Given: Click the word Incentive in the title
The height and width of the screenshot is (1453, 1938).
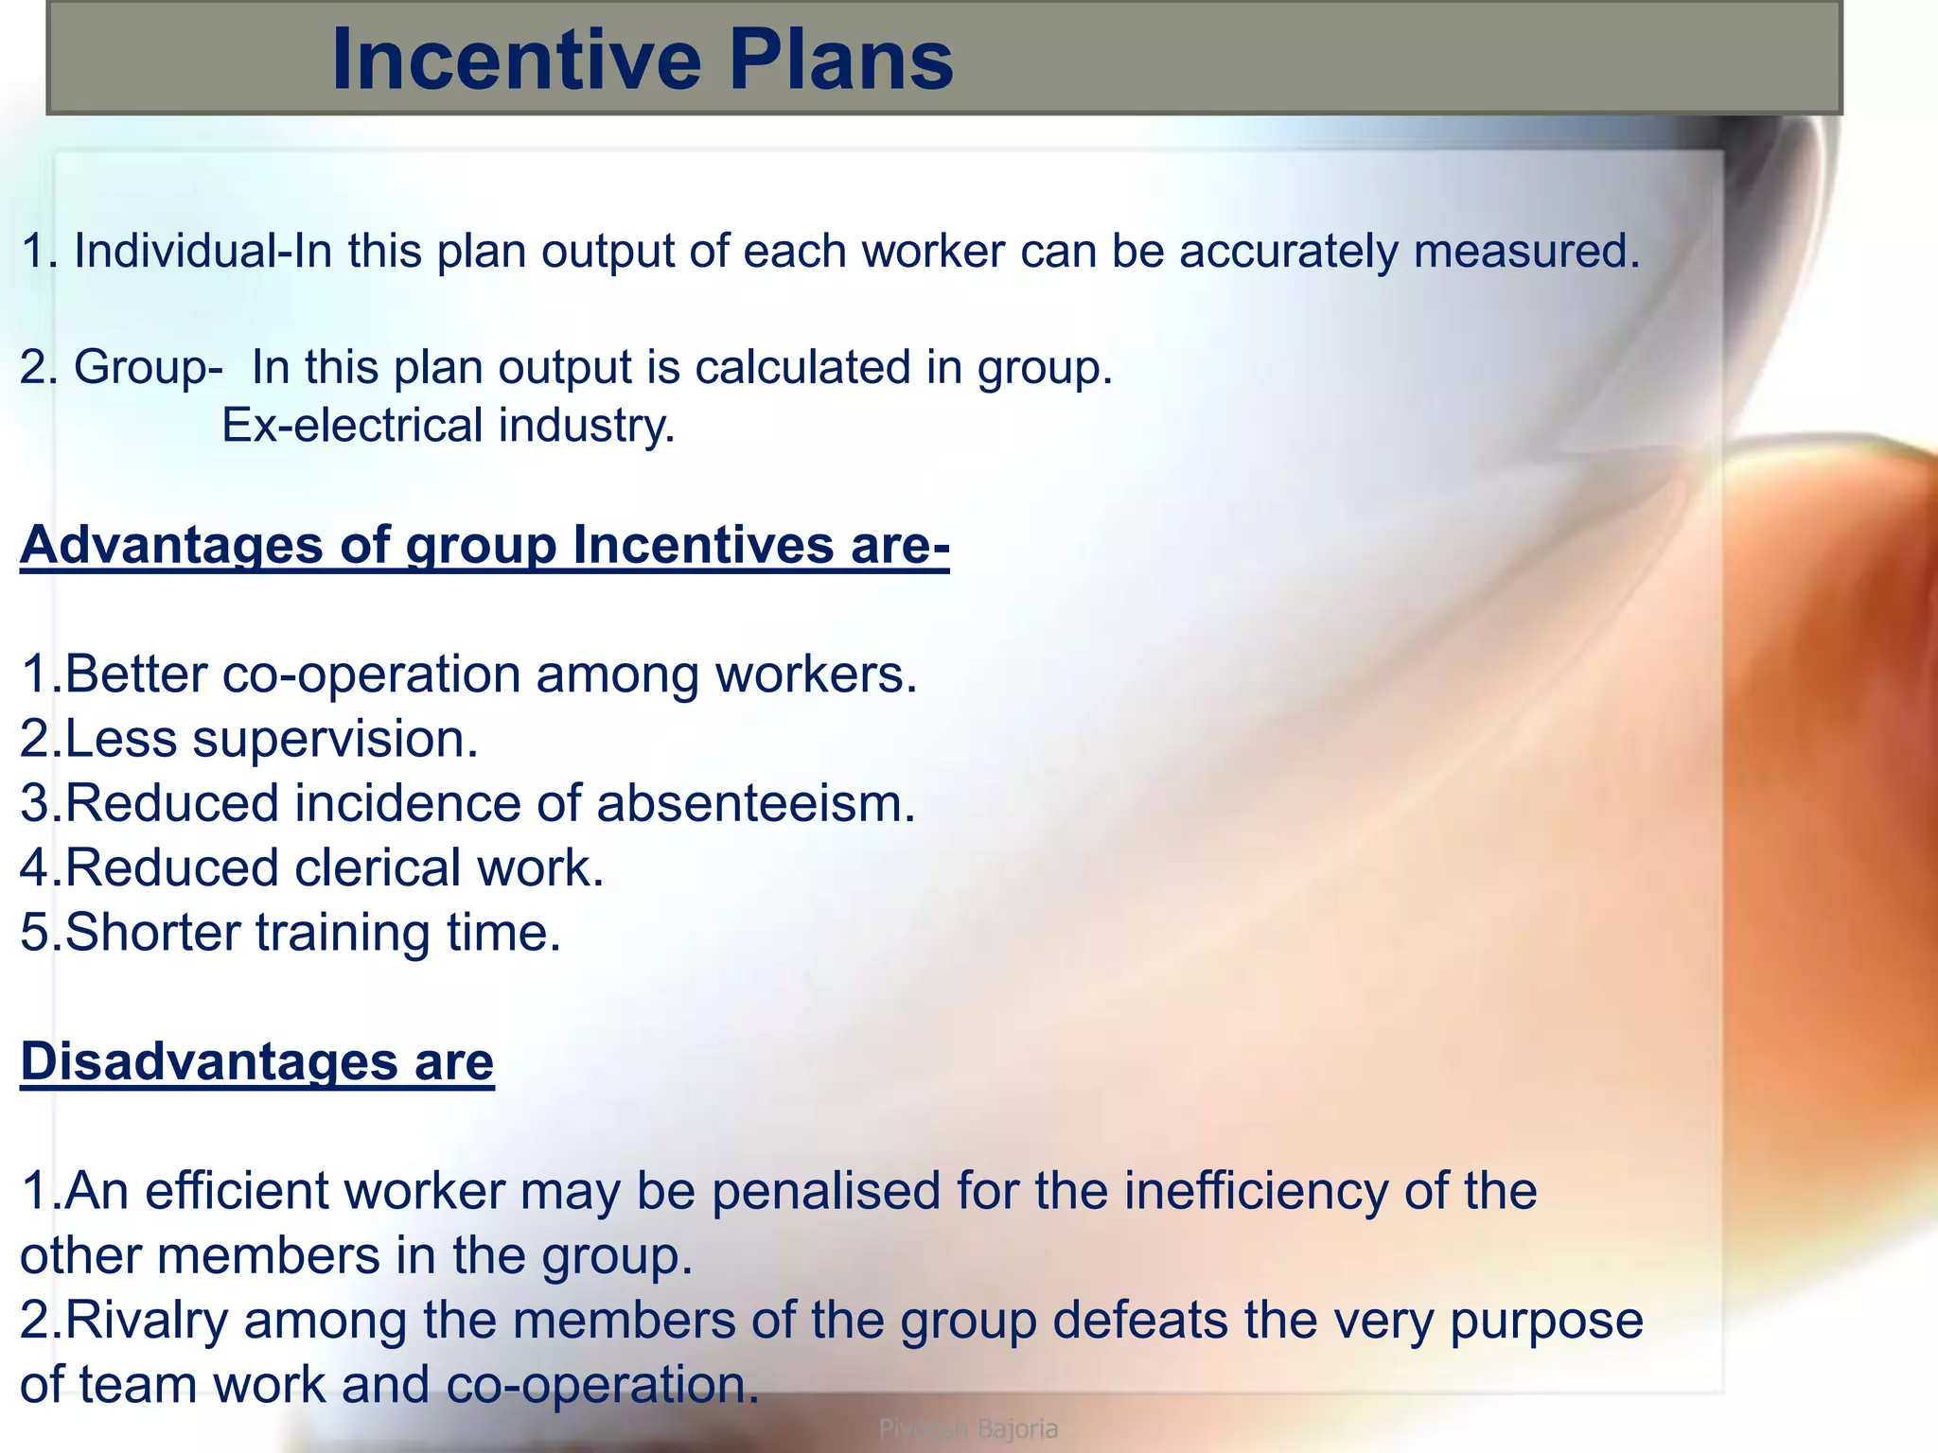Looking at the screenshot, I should click(517, 61).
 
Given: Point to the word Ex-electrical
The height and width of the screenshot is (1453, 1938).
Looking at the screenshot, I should click(352, 426).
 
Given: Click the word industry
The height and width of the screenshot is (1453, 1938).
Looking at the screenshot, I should click(587, 426).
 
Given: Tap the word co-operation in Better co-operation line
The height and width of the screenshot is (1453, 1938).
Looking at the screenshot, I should click(371, 675).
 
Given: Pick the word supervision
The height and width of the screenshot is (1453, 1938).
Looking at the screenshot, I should click(335, 739).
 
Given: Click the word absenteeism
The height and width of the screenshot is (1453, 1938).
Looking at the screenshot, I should click(756, 804).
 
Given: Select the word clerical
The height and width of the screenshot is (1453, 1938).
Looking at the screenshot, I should click(378, 868).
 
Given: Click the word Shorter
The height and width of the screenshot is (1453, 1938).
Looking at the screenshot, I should click(152, 933).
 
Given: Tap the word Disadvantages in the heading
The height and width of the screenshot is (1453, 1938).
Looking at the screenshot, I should click(207, 1061).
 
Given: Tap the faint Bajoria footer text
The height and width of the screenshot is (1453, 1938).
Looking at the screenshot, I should click(1017, 1428).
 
